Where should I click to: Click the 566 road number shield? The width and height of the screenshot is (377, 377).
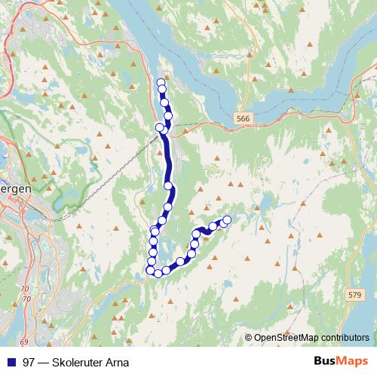click(x=242, y=118)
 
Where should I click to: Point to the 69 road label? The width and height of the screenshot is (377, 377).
click(x=23, y=321)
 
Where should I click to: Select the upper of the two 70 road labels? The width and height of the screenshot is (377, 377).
click(x=26, y=290)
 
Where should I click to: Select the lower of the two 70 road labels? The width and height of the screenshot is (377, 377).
click(x=27, y=299)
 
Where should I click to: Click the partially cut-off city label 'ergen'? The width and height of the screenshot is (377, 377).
click(x=15, y=190)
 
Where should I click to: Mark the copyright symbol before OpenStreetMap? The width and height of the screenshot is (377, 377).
click(x=249, y=338)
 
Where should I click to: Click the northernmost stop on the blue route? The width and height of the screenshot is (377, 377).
click(x=161, y=82)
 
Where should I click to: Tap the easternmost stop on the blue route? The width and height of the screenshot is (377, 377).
click(x=227, y=219)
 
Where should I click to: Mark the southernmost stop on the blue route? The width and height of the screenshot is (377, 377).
click(x=158, y=273)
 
